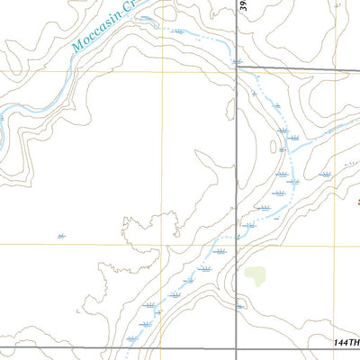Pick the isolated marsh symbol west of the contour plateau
(60, 236)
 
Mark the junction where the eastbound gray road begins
(238, 67)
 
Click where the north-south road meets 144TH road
(237, 346)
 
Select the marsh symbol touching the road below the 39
(237, 61)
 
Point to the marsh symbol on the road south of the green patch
(239, 307)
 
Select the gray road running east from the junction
(297, 69)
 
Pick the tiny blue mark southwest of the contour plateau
(78, 311)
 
